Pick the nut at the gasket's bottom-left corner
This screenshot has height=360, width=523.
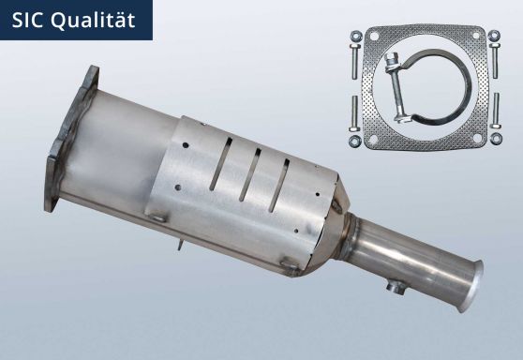356,142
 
